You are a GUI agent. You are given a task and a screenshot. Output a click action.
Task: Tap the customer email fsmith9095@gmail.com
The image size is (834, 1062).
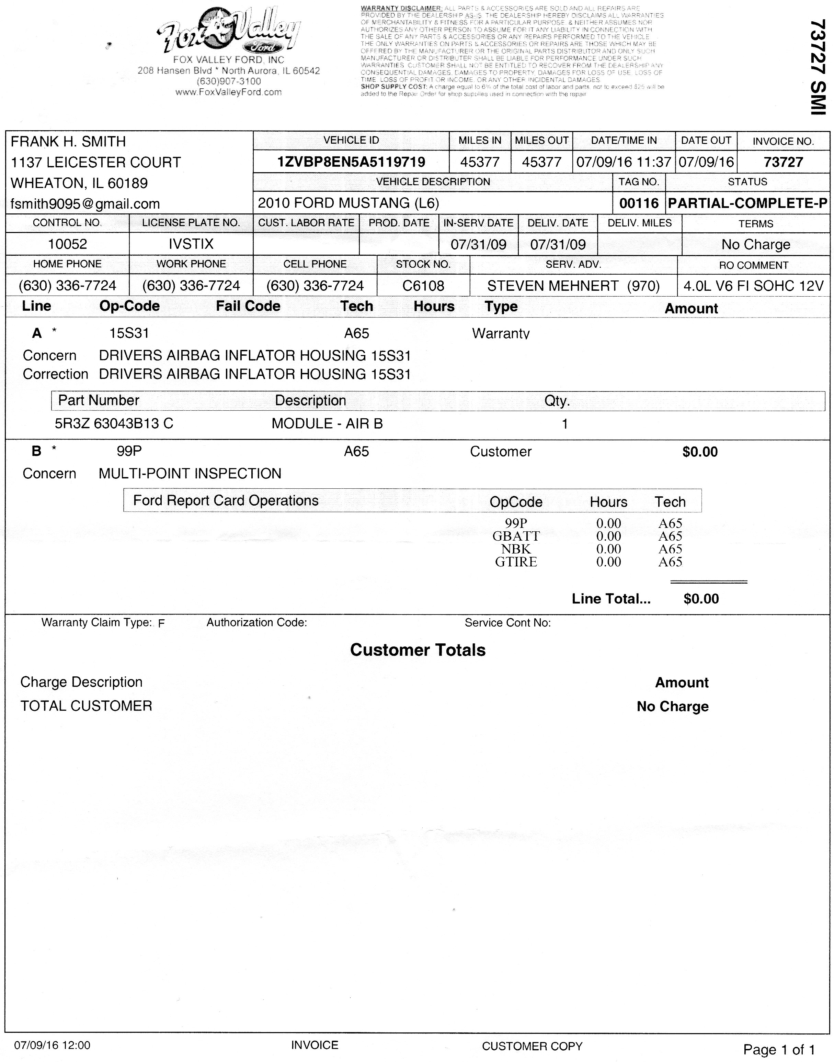click(x=85, y=204)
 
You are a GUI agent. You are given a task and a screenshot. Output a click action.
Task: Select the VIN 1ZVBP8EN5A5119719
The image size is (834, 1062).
click(x=351, y=162)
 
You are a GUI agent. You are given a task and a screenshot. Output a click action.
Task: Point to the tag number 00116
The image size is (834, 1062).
click(x=639, y=203)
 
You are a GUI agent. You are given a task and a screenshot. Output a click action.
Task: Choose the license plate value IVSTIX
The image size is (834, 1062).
click(x=191, y=244)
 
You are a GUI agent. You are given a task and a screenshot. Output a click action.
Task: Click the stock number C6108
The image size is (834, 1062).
click(x=423, y=286)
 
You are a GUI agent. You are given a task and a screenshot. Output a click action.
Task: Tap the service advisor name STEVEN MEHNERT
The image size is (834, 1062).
click(x=553, y=286)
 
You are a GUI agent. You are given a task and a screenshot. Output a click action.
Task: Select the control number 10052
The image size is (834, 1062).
click(x=67, y=244)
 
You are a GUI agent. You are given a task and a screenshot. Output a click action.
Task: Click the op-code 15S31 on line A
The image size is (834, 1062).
click(x=129, y=333)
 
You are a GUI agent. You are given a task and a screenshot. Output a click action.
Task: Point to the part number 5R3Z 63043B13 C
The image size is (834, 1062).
click(x=114, y=423)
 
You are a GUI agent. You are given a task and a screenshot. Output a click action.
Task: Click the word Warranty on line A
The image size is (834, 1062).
click(x=501, y=333)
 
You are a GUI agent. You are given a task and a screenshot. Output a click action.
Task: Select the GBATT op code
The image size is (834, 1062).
click(x=516, y=536)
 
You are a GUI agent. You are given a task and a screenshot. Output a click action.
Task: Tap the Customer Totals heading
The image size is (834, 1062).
click(x=418, y=650)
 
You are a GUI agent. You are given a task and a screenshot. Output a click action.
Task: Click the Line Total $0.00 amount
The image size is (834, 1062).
click(x=701, y=599)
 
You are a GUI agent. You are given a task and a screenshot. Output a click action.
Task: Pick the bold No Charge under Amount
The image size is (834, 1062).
click(x=672, y=706)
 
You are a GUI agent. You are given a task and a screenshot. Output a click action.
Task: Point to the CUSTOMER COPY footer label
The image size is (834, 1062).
click(x=532, y=1046)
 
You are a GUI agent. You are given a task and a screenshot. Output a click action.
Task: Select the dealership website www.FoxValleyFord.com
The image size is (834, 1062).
click(x=229, y=92)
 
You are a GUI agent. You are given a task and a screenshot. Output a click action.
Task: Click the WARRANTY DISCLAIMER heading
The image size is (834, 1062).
click(x=401, y=8)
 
